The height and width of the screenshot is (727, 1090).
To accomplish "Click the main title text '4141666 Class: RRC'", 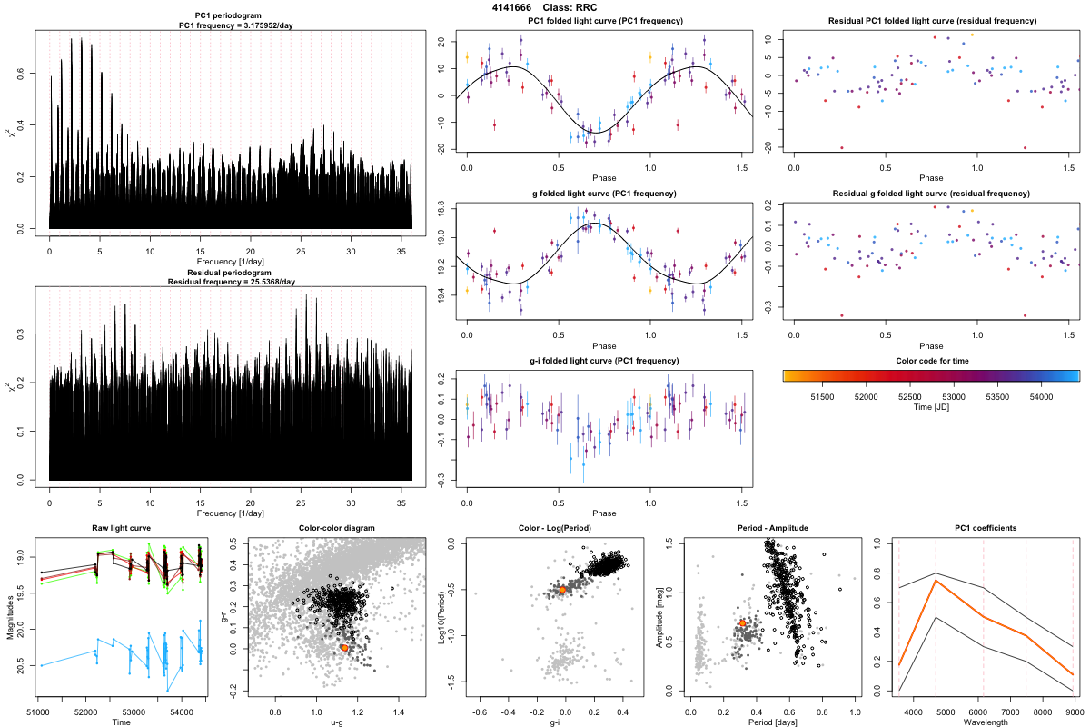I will click(x=545, y=7).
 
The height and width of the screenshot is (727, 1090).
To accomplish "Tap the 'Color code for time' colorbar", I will click(x=931, y=374).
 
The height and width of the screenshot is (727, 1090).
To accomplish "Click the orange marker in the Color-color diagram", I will click(x=344, y=648).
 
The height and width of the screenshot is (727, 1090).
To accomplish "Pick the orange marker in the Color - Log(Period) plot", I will click(x=563, y=590).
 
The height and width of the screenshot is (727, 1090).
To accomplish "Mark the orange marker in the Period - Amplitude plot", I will click(x=742, y=622).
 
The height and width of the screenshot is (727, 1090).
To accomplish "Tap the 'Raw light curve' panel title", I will click(x=121, y=529).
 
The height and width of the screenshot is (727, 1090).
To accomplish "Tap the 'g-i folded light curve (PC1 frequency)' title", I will click(x=604, y=361).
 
